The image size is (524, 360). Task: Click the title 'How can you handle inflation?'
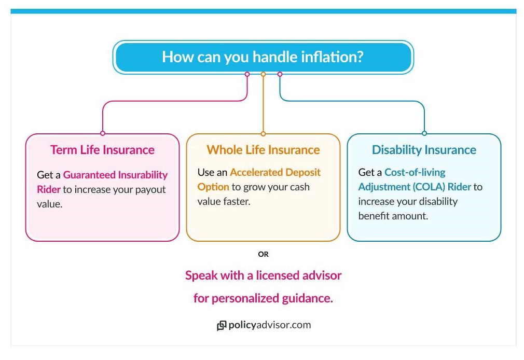pyautogui.click(x=263, y=57)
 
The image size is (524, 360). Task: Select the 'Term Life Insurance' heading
pyautogui.click(x=102, y=150)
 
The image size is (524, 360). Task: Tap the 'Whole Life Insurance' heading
pyautogui.click(x=263, y=150)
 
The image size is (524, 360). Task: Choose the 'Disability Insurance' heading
pyautogui.click(x=424, y=150)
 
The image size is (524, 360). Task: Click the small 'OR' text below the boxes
pyautogui.click(x=263, y=254)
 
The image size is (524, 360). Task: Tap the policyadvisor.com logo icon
pyautogui.click(x=222, y=326)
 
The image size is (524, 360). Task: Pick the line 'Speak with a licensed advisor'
pyautogui.click(x=263, y=275)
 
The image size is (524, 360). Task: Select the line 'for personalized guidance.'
pyautogui.click(x=263, y=298)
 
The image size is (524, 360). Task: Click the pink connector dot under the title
pyautogui.click(x=247, y=74)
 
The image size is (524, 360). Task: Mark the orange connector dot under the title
pyautogui.click(x=263, y=74)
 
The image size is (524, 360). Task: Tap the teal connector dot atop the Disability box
pyautogui.click(x=424, y=133)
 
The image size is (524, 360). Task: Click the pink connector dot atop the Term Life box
pyautogui.click(x=102, y=133)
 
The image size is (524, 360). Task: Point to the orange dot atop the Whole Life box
pyautogui.click(x=263, y=133)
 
